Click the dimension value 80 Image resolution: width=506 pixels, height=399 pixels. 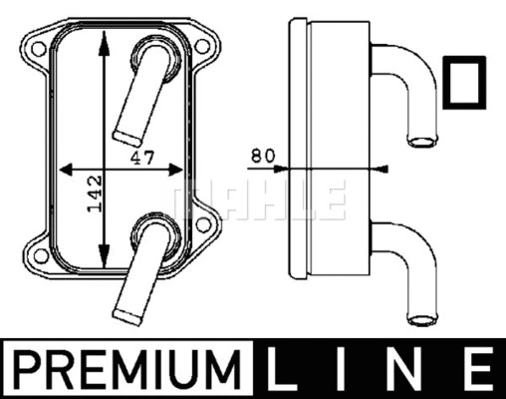[x=262, y=156]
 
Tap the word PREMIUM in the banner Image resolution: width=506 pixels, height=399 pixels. [x=131, y=371]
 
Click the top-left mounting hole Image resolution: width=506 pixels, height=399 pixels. [x=33, y=45]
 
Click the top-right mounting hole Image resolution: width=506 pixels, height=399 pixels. [x=202, y=46]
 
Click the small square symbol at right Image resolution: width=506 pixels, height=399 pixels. [x=463, y=83]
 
